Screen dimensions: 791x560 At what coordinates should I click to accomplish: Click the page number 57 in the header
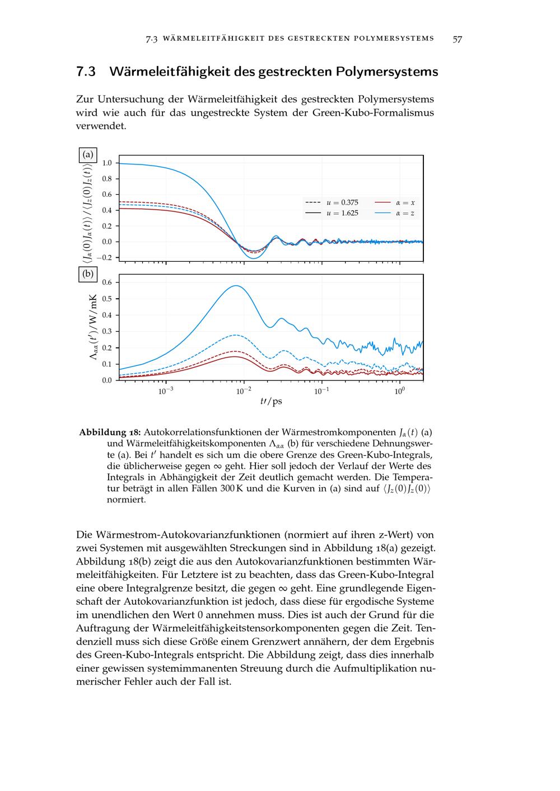click(457, 39)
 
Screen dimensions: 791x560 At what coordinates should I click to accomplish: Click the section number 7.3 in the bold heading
click(86, 72)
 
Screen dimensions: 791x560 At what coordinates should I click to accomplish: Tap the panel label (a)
click(88, 154)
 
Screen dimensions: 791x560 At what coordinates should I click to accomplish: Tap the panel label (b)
click(88, 274)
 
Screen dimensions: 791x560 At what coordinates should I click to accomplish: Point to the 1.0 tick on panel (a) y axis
click(106, 163)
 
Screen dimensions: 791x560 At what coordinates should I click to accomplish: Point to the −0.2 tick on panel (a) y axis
click(105, 257)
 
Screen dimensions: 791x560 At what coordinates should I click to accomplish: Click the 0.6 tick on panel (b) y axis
click(106, 282)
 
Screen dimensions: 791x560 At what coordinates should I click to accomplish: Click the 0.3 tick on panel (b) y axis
click(106, 331)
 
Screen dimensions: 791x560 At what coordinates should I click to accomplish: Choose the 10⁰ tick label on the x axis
click(399, 391)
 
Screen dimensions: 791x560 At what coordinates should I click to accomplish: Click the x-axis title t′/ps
click(271, 402)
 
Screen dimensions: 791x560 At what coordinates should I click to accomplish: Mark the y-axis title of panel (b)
click(94, 327)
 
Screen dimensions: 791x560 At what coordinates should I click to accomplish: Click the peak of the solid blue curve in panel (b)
click(236, 286)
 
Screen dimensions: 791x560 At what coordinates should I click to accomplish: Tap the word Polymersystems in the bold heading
click(387, 72)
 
